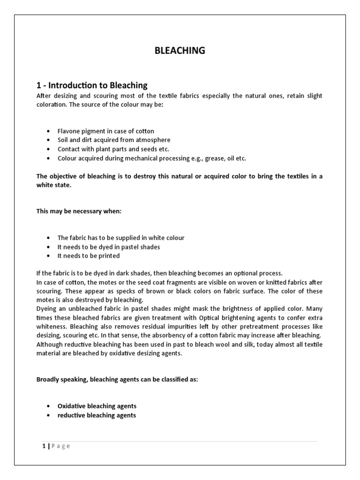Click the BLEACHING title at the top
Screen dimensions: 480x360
180,51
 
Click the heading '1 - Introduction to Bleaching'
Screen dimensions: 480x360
92,85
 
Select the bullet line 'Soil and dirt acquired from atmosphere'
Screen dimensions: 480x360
114,140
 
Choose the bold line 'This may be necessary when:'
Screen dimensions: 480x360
79,211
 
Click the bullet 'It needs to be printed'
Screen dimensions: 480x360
89,256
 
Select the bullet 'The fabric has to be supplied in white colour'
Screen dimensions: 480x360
121,238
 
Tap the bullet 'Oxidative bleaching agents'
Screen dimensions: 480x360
97,406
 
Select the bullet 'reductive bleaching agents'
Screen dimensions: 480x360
97,415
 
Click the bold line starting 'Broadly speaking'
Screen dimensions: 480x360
117,380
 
